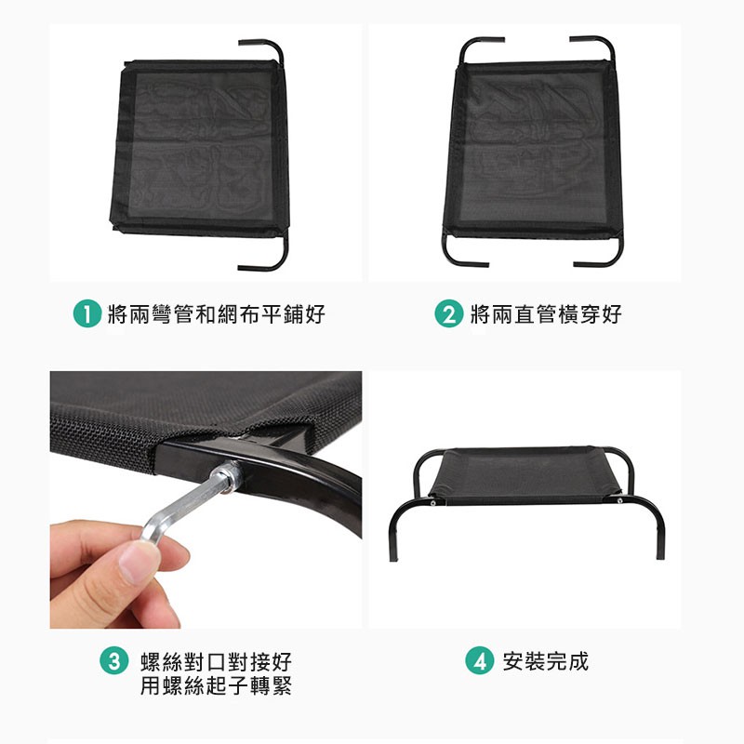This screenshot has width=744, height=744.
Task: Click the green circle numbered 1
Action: click(87, 313)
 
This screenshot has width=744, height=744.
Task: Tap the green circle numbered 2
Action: click(449, 313)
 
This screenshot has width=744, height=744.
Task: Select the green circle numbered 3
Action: click(113, 660)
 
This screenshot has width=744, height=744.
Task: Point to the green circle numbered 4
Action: click(479, 660)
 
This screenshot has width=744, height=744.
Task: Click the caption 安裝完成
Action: click(546, 661)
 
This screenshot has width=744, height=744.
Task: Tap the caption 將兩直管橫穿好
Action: click(546, 314)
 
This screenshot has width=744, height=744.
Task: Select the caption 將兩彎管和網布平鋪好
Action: click(217, 314)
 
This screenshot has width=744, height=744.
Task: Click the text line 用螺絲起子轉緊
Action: click(216, 685)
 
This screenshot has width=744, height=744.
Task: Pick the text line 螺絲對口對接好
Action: click(216, 661)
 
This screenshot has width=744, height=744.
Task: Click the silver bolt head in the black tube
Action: click(228, 477)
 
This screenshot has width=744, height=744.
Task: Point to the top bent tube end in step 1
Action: click(242, 43)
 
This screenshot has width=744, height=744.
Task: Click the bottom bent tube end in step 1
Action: click(242, 268)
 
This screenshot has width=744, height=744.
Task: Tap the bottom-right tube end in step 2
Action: click(578, 263)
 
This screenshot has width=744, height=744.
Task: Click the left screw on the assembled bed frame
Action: click(432, 503)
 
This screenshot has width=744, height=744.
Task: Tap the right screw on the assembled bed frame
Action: click(619, 500)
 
